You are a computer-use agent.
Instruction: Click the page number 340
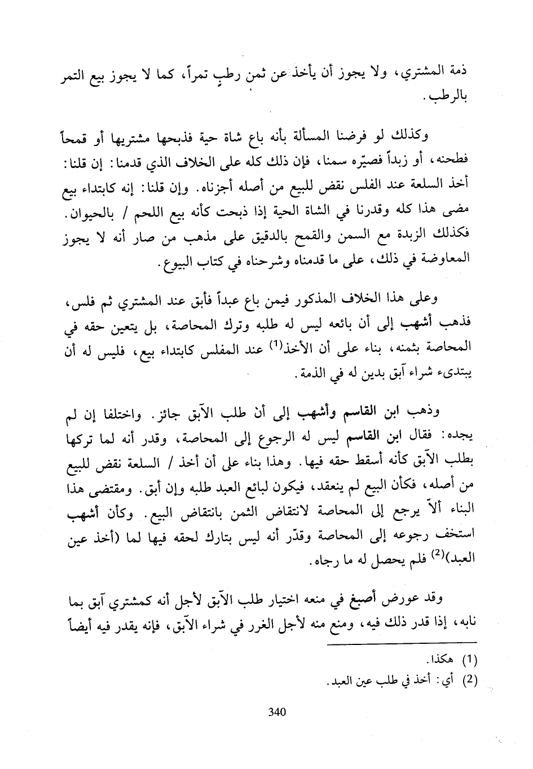coord(277,712)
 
